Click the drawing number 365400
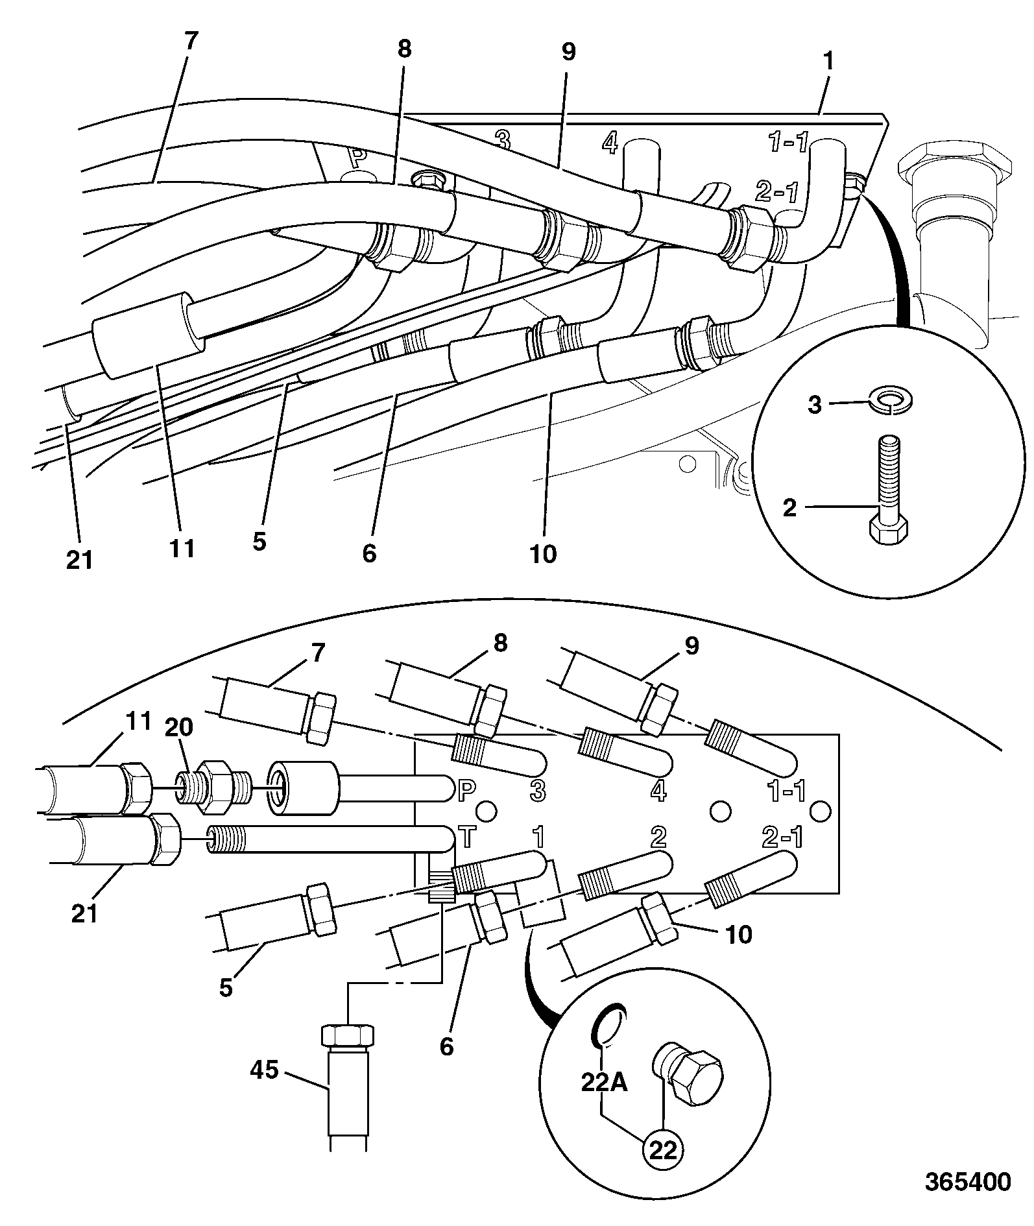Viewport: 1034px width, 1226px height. point(967,1182)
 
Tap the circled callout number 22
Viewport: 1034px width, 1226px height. point(663,1149)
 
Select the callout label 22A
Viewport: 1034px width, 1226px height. point(605,1083)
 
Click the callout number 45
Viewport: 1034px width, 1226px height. point(264,1069)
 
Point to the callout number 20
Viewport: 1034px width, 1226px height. point(178,727)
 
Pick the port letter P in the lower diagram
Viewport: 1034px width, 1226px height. point(466,789)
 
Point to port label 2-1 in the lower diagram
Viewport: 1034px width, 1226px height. point(781,837)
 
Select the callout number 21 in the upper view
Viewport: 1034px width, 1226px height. point(80,559)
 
